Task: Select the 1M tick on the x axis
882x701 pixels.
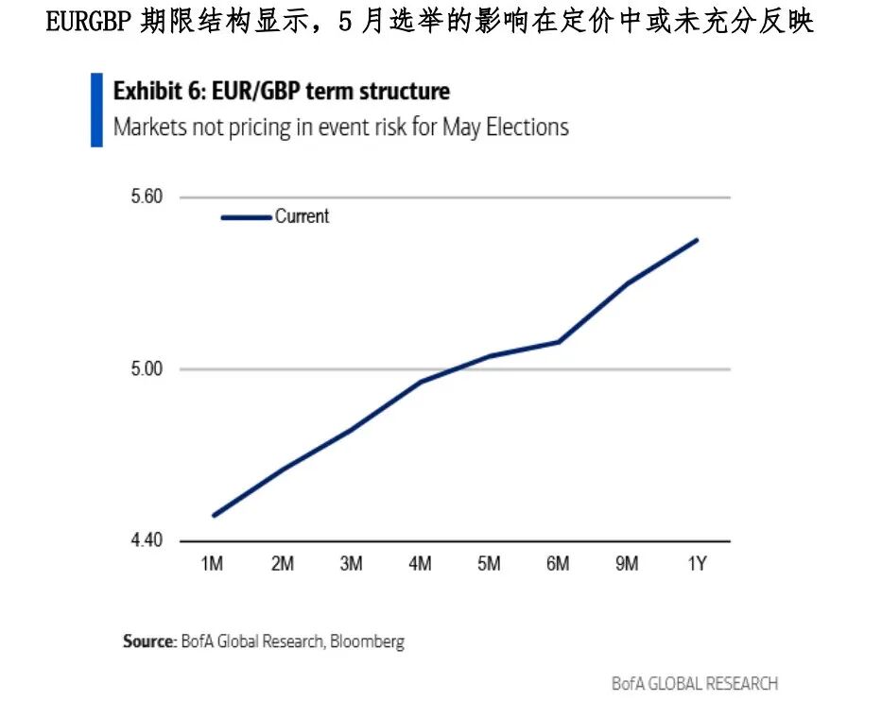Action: point(213,564)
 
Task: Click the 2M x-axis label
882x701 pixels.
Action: point(282,564)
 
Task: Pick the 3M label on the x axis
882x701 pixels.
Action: point(351,564)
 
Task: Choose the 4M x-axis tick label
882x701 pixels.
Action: point(420,564)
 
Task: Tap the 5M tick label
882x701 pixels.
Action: point(489,564)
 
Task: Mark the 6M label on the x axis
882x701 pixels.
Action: point(558,564)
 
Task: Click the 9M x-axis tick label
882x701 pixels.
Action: point(627,564)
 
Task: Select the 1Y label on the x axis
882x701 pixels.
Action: point(697,564)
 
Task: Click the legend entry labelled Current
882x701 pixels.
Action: point(302,216)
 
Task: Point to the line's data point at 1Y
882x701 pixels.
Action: point(697,240)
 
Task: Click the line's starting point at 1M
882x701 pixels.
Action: point(214,516)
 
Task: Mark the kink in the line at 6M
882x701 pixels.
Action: point(559,341)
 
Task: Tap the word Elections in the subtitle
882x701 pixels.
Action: point(527,127)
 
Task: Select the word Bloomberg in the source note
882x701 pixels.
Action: point(369,641)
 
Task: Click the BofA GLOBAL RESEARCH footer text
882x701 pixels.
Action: point(694,682)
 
